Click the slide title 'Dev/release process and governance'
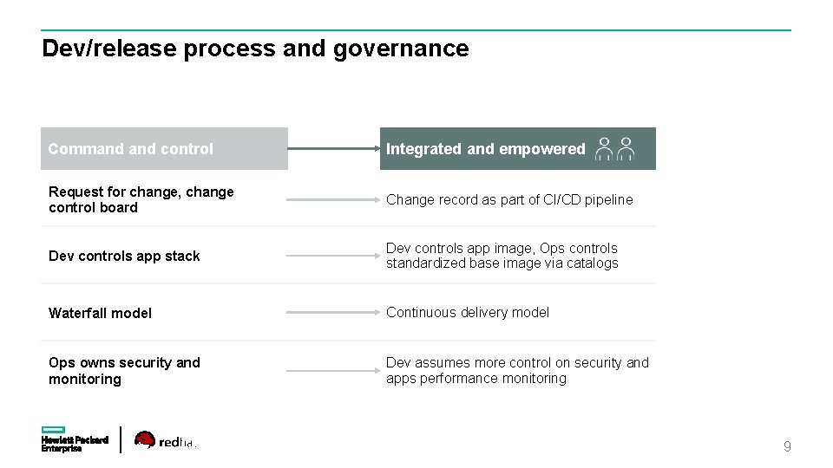[x=255, y=49]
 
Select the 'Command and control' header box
[x=164, y=149]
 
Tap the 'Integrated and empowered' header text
[x=485, y=149]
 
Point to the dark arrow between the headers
[x=333, y=148]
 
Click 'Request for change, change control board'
[x=141, y=199]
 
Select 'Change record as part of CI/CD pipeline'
[x=509, y=199]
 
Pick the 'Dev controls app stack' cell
[x=124, y=256]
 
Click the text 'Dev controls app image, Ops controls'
[x=502, y=248]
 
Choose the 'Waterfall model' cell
[x=100, y=313]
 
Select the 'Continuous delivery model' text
[x=468, y=312]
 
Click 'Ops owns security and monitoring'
[x=124, y=371]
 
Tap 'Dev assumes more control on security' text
[x=517, y=362]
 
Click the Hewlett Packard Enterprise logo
[x=74, y=439]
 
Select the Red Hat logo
[x=166, y=441]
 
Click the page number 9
[x=787, y=447]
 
